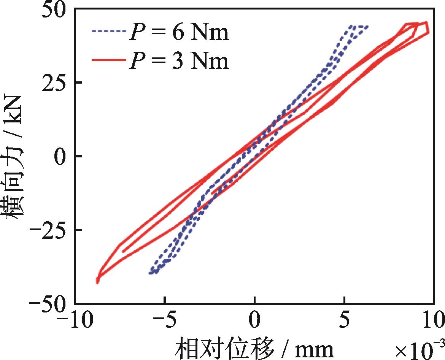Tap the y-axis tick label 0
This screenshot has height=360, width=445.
pos(62,156)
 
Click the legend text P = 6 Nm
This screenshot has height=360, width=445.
pos(179,33)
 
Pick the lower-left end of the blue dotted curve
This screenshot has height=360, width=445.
pos(150,273)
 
